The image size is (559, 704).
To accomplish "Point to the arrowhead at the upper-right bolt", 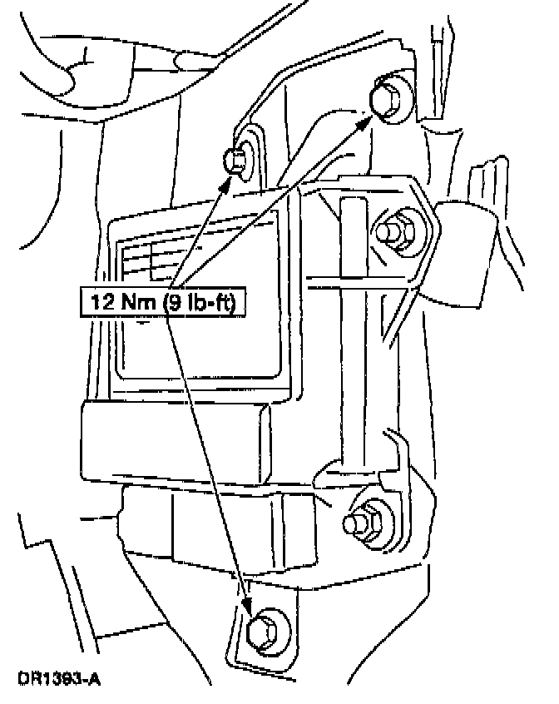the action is click(x=366, y=121).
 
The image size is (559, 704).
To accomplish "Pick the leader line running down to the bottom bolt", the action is click(x=208, y=458).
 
